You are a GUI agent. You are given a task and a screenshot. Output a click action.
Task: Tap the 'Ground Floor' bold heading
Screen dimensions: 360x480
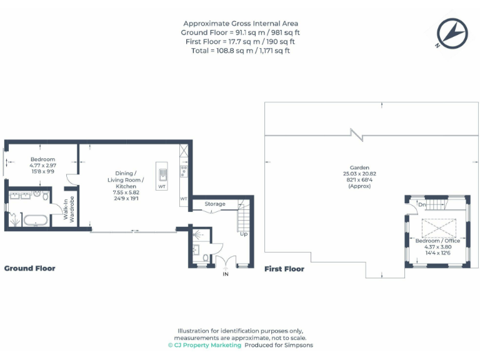[29, 268]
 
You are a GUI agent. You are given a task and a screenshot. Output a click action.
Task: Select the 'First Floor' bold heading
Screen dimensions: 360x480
[284, 269]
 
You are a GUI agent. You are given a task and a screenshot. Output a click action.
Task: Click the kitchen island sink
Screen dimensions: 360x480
[162, 174]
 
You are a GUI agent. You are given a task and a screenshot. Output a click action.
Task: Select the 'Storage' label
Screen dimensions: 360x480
[215, 204]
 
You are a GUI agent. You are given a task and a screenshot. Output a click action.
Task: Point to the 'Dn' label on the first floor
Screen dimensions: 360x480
[422, 204]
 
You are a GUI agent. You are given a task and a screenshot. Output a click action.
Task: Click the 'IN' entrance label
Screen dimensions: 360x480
[226, 274]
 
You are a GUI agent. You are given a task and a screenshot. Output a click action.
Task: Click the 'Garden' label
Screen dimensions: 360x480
[359, 167]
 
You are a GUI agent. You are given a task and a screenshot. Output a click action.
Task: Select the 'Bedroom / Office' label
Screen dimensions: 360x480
[437, 241]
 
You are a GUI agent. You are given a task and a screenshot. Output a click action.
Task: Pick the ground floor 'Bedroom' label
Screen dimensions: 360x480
[43, 159]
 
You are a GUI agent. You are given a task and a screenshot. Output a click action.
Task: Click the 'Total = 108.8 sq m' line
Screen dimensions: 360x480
[241, 50]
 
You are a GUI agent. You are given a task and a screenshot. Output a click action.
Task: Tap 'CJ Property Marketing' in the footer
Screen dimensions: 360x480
[207, 345]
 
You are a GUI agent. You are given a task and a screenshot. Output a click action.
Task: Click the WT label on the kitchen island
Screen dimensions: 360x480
[162, 186]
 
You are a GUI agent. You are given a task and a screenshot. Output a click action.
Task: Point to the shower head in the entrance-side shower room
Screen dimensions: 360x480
[199, 236]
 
